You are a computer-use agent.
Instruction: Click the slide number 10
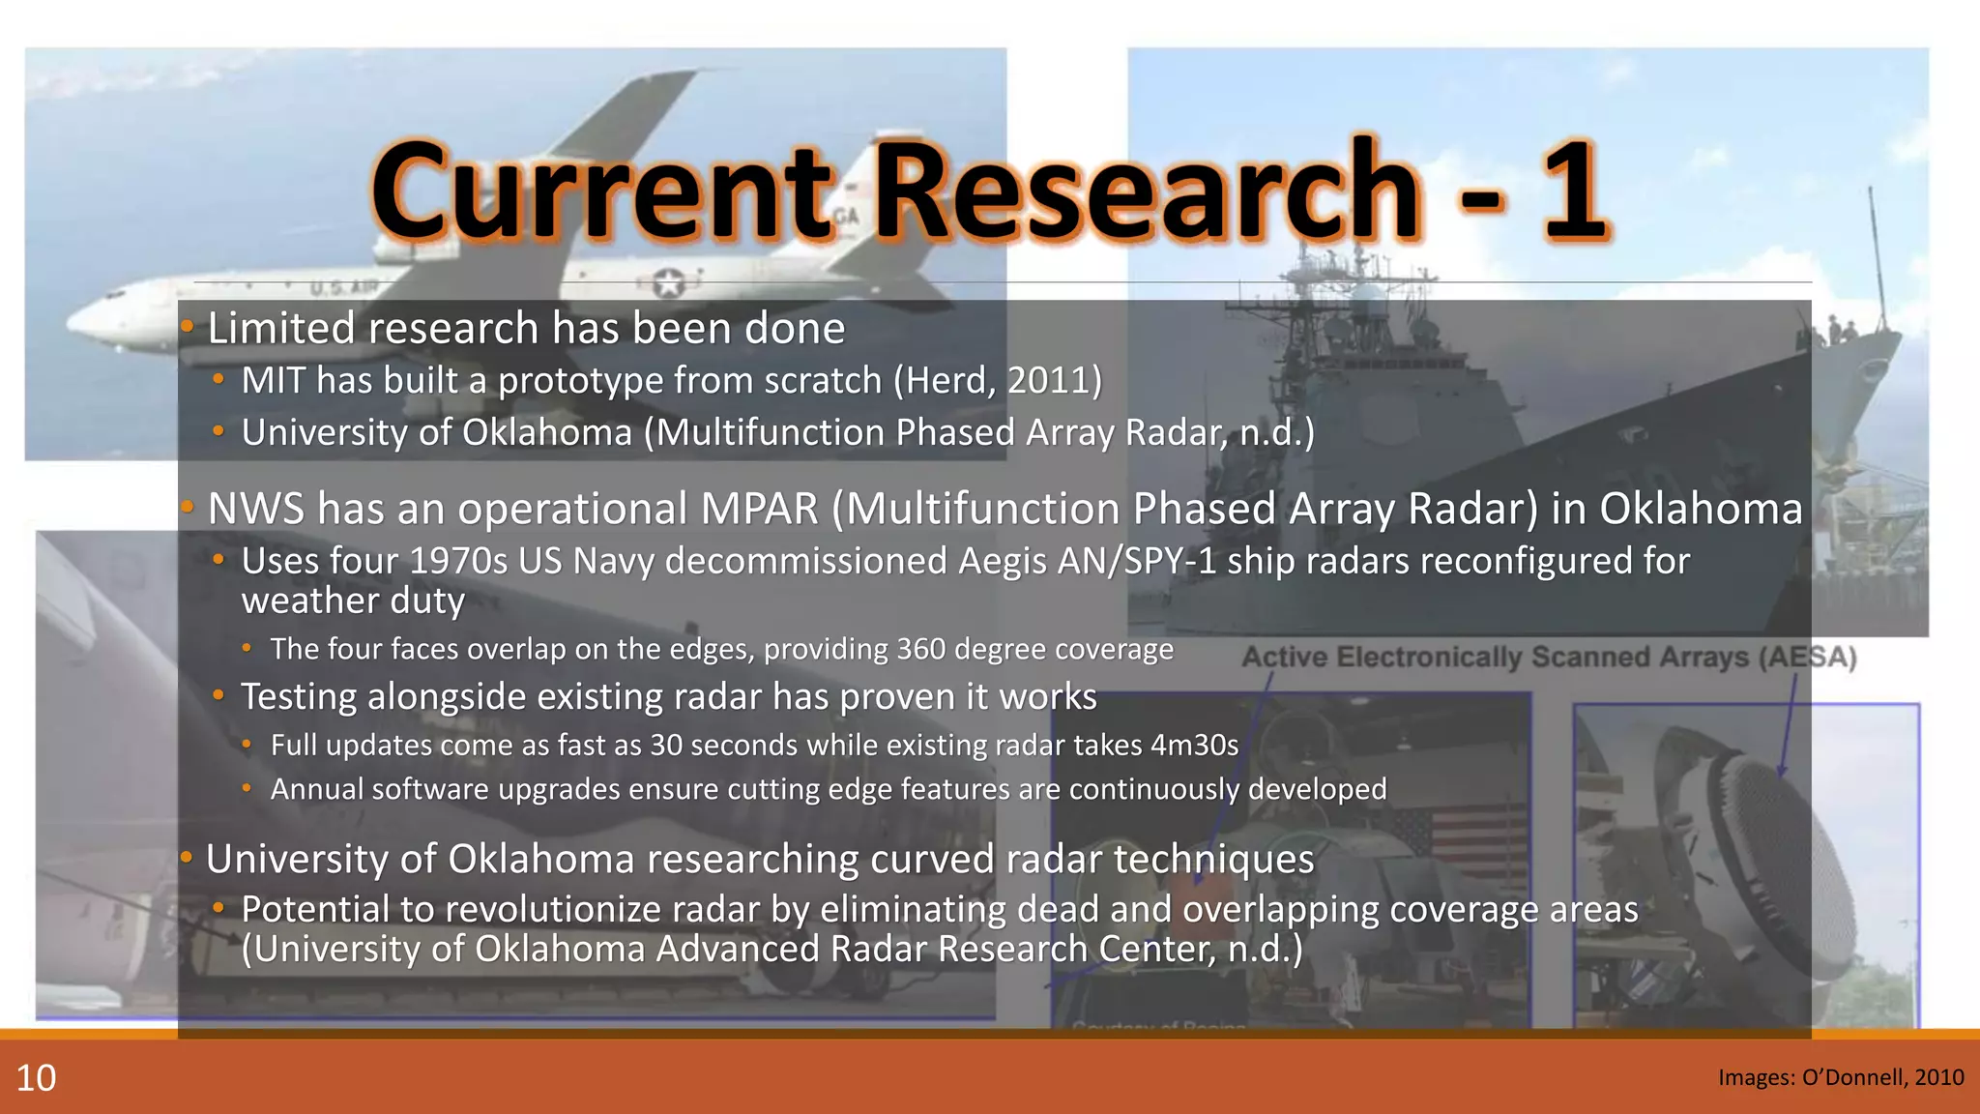pyautogui.click(x=37, y=1078)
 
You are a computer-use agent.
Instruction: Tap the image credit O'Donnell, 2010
pyautogui.click(x=1841, y=1077)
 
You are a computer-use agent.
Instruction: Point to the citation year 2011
pyautogui.click(x=1049, y=380)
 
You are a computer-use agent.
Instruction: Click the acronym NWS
pyautogui.click(x=255, y=509)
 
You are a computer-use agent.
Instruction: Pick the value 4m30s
pyautogui.click(x=1194, y=745)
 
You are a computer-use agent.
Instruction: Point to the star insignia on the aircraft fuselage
pyautogui.click(x=668, y=283)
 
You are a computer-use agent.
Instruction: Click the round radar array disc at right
pyautogui.click(x=1789, y=851)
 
